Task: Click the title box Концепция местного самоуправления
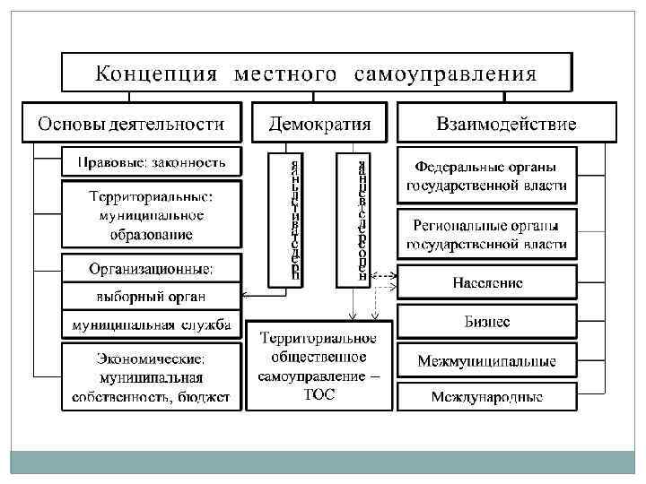(316, 72)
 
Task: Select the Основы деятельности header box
(133, 123)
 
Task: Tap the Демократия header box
(319, 123)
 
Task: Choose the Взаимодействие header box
(506, 123)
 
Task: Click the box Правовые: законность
(152, 163)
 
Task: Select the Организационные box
(152, 267)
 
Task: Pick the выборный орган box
(152, 296)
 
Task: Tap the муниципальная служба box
(152, 324)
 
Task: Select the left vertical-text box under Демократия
(284, 219)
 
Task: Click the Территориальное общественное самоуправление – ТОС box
(319, 366)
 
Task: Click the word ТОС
(319, 395)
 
